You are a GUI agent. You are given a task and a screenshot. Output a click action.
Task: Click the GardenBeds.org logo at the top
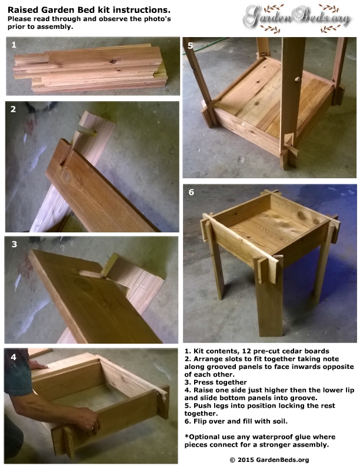pyautogui.click(x=296, y=18)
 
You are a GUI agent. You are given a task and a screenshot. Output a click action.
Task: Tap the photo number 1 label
pyautogui.click(x=14, y=45)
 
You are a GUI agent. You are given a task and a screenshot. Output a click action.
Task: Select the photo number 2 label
pyautogui.click(x=13, y=109)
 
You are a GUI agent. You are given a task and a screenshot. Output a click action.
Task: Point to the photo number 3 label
pyautogui.click(x=14, y=244)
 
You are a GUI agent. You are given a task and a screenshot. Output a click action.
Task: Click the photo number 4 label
pyautogui.click(x=14, y=357)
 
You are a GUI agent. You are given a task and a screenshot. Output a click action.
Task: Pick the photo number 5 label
pyautogui.click(x=191, y=46)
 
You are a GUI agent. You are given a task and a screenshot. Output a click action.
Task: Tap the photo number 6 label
pyautogui.click(x=191, y=192)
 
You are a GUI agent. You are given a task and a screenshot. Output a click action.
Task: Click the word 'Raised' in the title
pyautogui.click(x=23, y=10)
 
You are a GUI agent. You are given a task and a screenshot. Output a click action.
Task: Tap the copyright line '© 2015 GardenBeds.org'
pyautogui.click(x=269, y=460)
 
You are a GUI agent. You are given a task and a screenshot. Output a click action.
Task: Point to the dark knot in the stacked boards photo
pyautogui.click(x=113, y=62)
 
